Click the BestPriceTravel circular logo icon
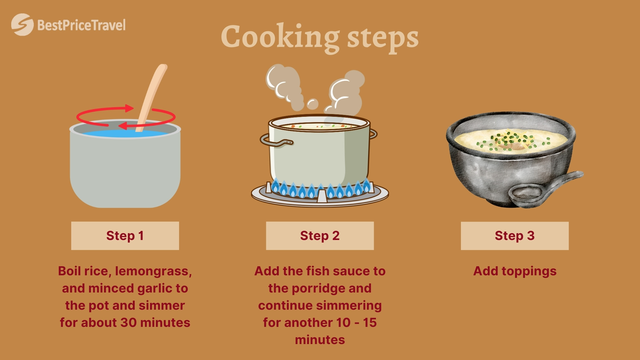click(x=22, y=25)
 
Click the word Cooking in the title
click(x=280, y=37)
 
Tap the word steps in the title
click(x=383, y=39)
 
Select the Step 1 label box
click(x=125, y=236)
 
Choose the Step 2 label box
click(x=320, y=236)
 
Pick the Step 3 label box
click(x=515, y=236)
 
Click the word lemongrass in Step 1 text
click(x=153, y=271)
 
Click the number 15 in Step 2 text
click(x=370, y=322)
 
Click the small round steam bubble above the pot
click(x=312, y=104)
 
